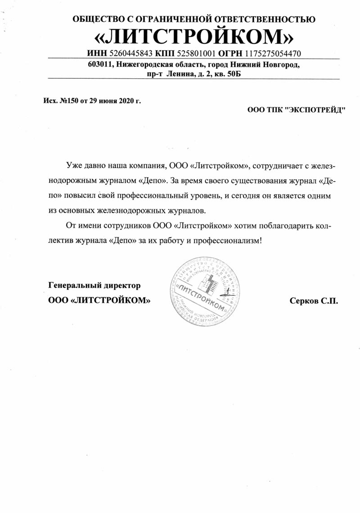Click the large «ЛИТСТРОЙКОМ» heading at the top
coord(194,36)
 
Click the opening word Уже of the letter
coord(73,165)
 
